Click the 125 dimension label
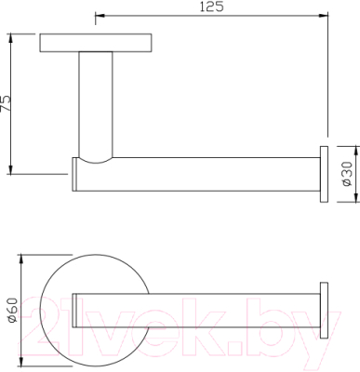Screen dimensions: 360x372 (211, 7)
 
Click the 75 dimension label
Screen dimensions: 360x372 (6, 103)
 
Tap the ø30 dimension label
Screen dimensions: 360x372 (347, 174)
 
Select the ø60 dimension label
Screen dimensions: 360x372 (13, 310)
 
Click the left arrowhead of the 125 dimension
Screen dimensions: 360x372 (100, 15)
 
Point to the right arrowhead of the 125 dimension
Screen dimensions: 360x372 (323, 15)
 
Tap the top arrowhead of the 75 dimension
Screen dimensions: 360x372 (11, 38)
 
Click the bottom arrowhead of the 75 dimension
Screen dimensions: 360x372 (11, 169)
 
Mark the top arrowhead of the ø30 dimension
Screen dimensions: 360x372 (355, 151)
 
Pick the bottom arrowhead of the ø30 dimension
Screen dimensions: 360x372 (355, 197)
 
